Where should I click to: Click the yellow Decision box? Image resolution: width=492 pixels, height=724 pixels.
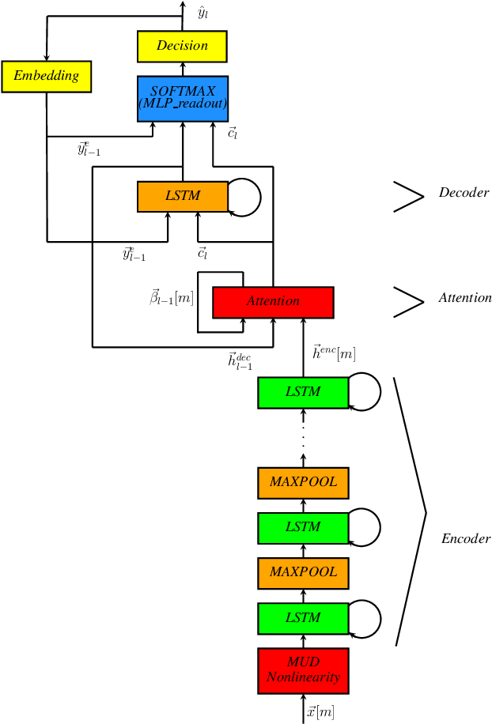tap(182, 46)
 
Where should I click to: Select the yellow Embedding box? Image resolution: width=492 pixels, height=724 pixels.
tap(46, 76)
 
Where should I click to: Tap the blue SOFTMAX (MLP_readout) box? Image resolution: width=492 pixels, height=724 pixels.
tap(182, 98)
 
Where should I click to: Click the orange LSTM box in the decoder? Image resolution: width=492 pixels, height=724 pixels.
tap(182, 196)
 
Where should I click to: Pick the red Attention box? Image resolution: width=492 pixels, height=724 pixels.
tap(273, 301)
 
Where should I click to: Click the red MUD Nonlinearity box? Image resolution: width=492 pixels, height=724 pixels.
tap(303, 670)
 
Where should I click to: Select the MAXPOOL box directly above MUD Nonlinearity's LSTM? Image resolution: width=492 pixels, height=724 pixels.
tap(303, 571)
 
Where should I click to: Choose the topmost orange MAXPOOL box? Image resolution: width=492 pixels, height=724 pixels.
tap(303, 481)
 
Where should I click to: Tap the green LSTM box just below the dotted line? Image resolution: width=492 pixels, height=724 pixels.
tap(303, 392)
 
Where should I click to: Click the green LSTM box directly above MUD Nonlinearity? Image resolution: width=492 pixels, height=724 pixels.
tap(303, 617)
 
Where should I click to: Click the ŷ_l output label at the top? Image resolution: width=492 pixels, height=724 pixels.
tap(202, 13)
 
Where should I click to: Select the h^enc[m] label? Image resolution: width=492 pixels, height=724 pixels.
tap(333, 353)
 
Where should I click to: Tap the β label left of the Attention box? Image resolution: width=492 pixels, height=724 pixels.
tap(172, 298)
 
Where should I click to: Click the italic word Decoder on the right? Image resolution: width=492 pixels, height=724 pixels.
tap(464, 193)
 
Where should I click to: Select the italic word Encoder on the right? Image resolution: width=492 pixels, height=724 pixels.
tap(465, 539)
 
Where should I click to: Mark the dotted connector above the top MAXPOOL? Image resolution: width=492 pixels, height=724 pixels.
tap(303, 439)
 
